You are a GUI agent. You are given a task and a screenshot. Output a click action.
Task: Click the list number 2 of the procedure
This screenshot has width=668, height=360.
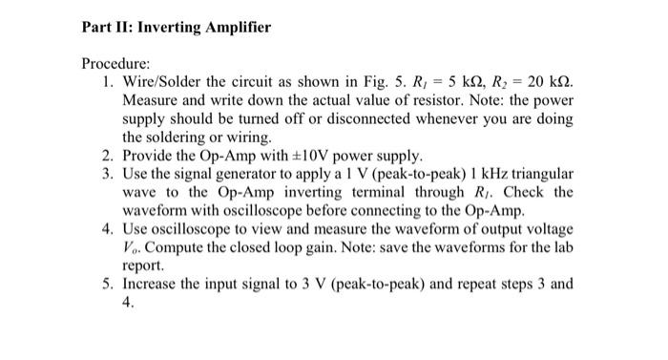(106, 156)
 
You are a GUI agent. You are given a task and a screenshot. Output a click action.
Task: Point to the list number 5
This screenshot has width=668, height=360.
(106, 285)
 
